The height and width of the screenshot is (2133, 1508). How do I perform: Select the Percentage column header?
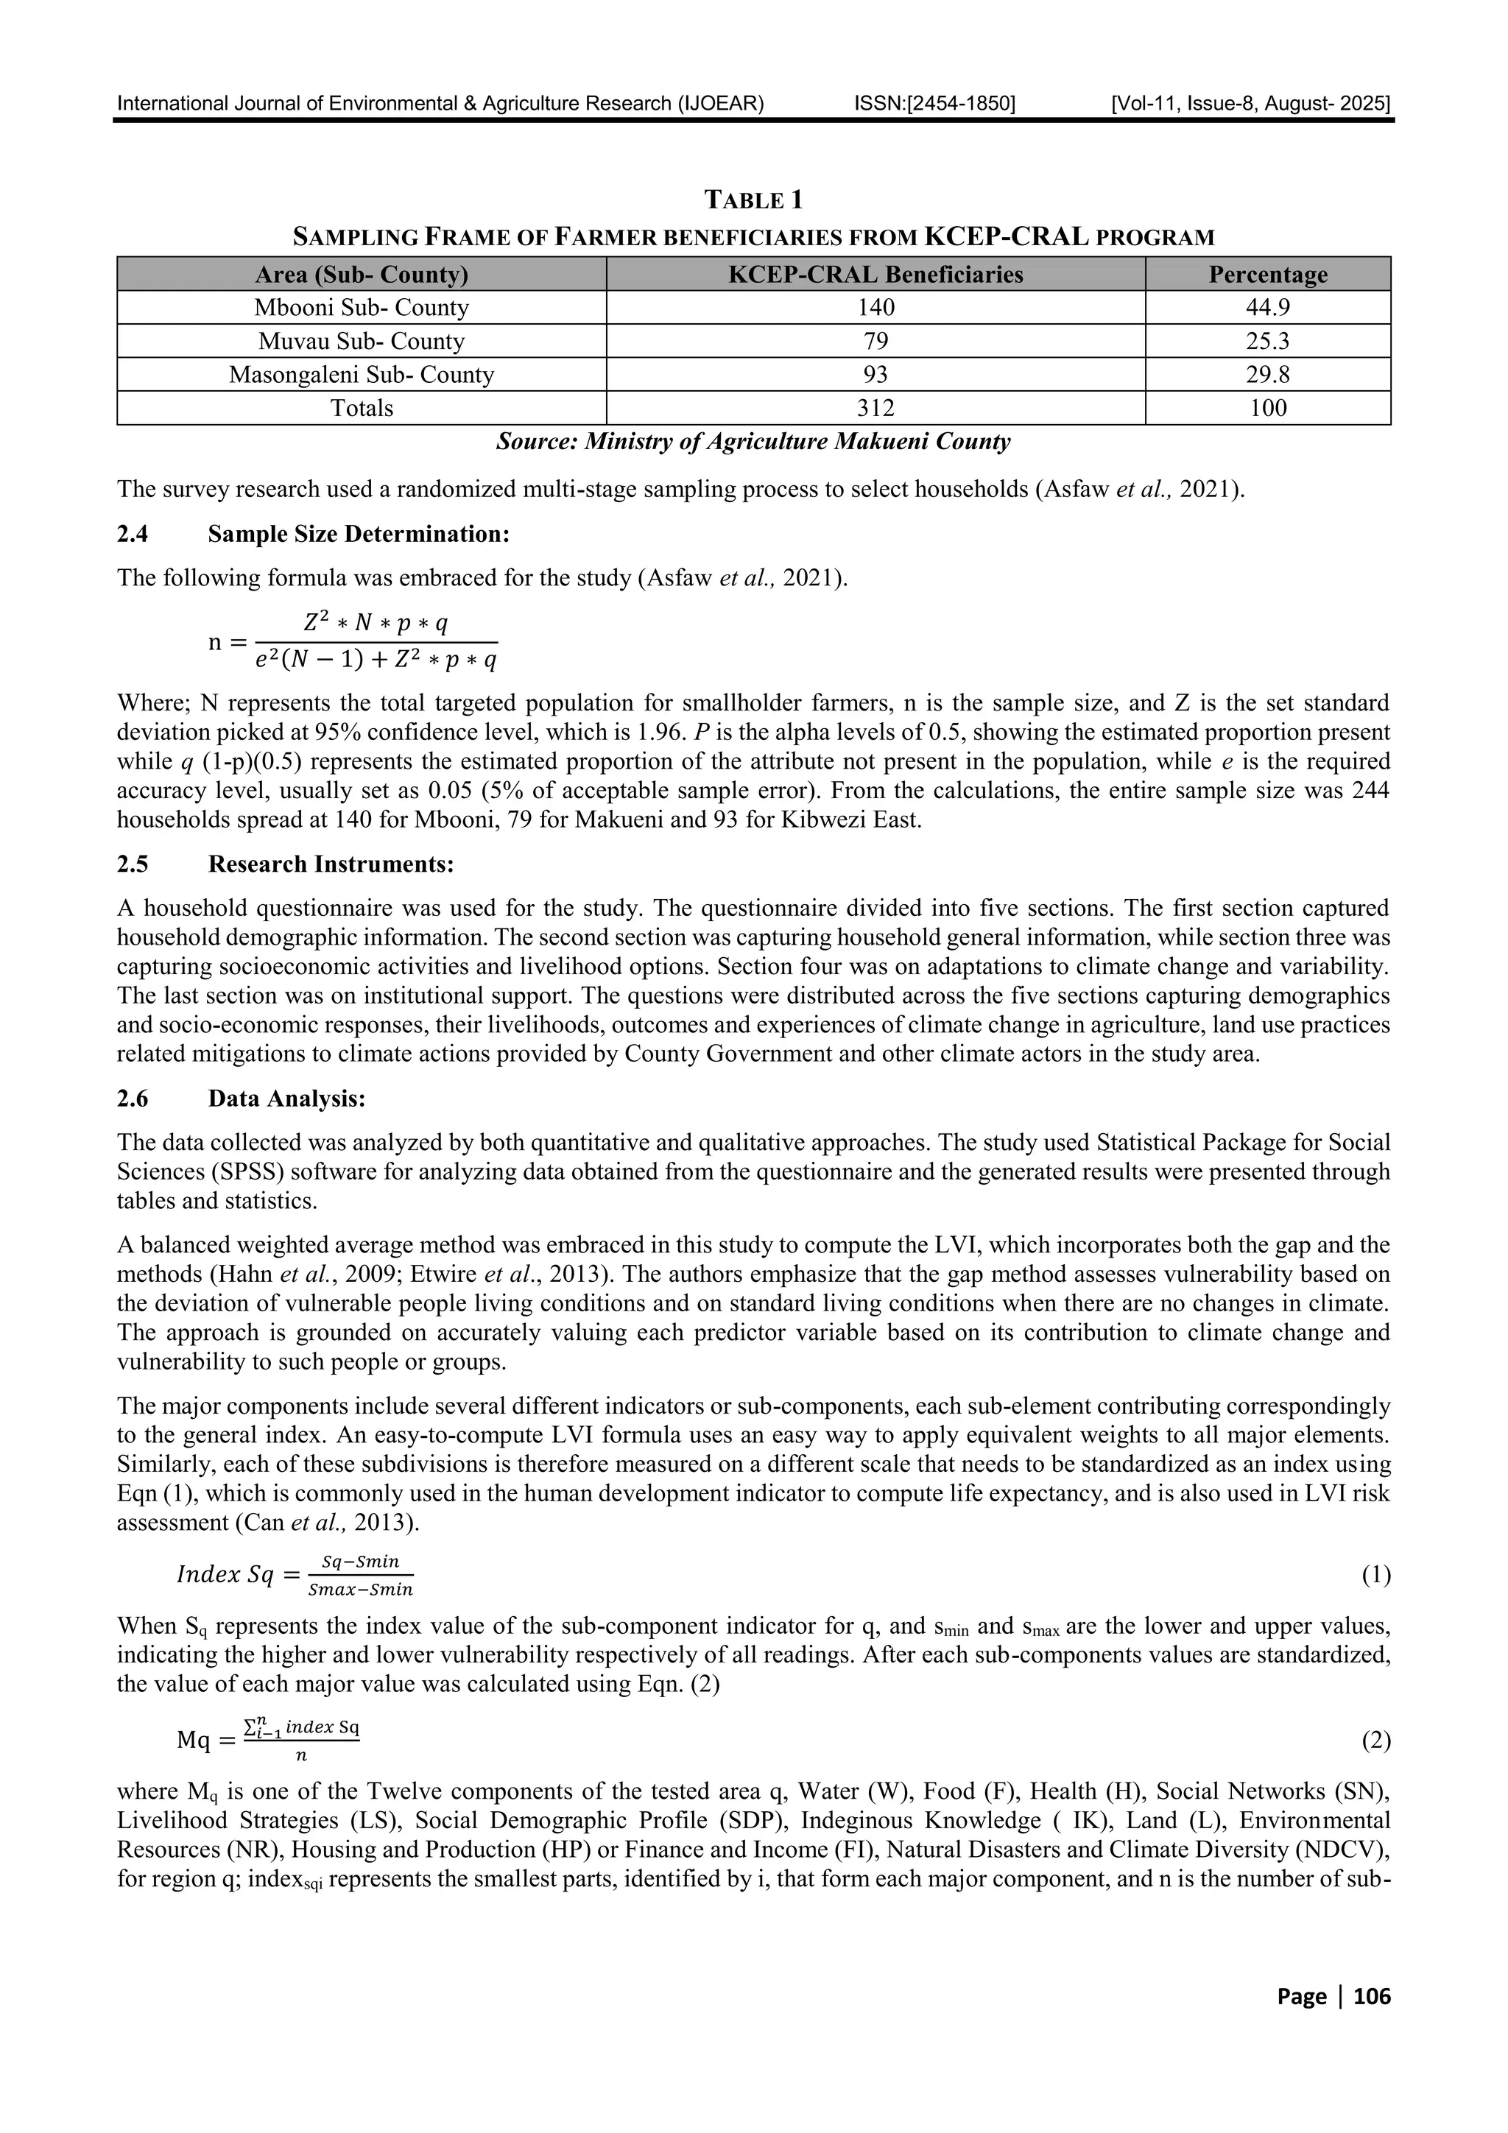point(1267,275)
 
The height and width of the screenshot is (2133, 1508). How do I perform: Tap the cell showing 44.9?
point(1267,308)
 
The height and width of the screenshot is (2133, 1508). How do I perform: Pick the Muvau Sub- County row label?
point(362,341)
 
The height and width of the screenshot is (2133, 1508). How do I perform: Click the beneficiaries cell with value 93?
point(875,374)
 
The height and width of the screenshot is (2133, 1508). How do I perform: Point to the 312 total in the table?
point(875,408)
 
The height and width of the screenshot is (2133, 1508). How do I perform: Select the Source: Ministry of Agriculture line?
point(753,441)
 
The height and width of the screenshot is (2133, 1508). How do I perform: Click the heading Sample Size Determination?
point(359,535)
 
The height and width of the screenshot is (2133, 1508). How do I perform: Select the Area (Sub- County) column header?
point(362,275)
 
